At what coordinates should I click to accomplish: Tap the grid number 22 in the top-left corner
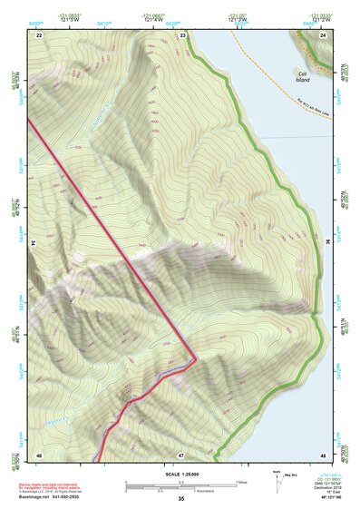click(39, 34)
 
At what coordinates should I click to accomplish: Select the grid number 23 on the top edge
click(183, 34)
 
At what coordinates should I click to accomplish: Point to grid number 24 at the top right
click(323, 34)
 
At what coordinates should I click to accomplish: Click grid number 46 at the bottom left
click(39, 453)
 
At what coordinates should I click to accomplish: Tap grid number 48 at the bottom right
click(323, 453)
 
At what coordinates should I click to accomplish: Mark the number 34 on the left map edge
click(35, 243)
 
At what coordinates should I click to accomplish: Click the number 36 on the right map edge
click(326, 243)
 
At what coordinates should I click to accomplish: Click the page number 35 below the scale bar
click(180, 498)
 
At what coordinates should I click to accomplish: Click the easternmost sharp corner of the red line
click(196, 356)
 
